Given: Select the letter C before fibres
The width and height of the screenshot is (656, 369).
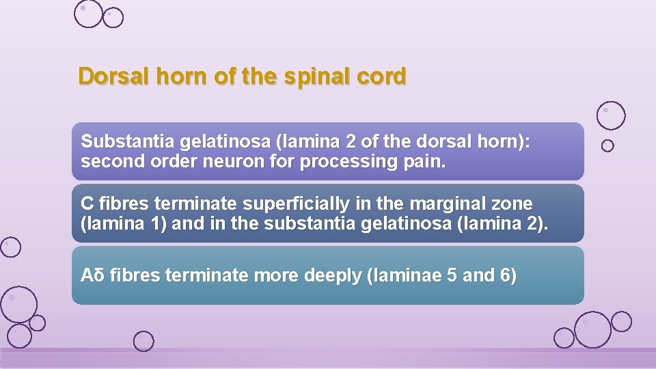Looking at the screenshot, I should (x=87, y=204).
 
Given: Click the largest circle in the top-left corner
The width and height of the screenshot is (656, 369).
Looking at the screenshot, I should (x=88, y=14).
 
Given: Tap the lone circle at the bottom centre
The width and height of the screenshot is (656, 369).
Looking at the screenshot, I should (x=143, y=341).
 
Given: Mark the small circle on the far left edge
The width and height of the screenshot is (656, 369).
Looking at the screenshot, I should (x=10, y=247).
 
